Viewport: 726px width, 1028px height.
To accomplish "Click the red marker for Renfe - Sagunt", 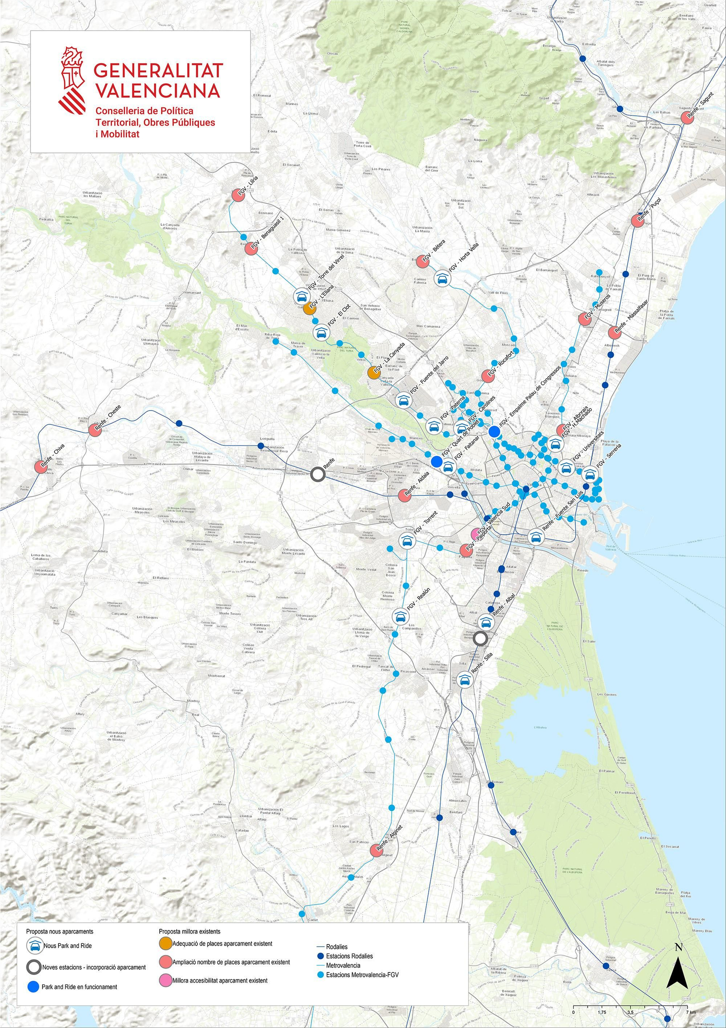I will (688, 117).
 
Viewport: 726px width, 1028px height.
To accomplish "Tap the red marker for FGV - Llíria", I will (239, 195).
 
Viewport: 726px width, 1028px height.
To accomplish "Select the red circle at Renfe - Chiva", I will (41, 467).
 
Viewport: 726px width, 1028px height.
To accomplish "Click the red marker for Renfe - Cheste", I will (95, 430).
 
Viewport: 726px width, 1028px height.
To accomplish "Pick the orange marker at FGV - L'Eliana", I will (310, 308).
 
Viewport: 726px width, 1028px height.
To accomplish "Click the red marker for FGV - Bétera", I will (422, 261).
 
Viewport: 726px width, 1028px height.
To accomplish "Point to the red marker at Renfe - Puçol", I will (638, 221).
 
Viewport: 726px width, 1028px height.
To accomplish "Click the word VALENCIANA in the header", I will (157, 90).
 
